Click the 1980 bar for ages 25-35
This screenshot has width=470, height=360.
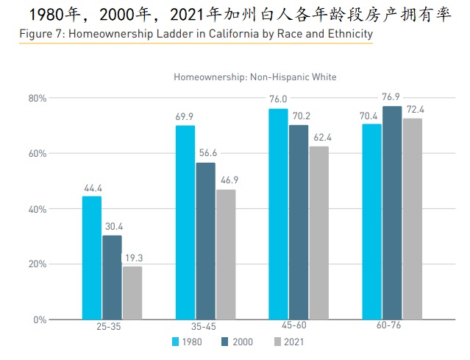(92, 258)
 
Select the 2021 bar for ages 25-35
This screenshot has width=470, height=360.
(132, 293)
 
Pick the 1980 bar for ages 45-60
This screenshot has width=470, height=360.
(278, 213)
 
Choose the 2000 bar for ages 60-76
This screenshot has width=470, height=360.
(392, 213)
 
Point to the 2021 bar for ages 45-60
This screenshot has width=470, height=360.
(318, 233)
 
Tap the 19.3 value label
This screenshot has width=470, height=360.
(132, 258)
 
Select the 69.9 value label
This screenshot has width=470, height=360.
(185, 117)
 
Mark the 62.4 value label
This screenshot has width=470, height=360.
(319, 138)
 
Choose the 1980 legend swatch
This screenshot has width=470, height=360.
(176, 342)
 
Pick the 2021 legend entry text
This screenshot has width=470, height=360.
(293, 342)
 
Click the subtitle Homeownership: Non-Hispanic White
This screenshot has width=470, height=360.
(255, 77)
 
